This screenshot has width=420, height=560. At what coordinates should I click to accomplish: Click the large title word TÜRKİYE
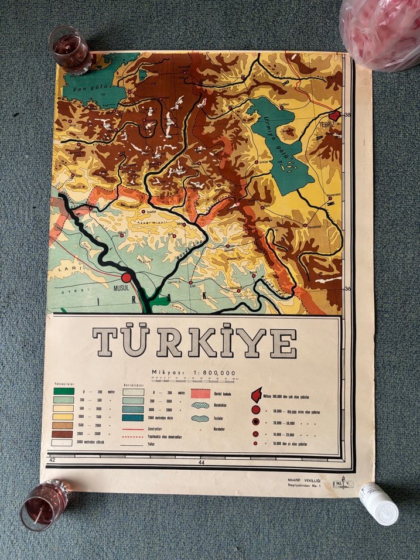pyautogui.click(x=194, y=343)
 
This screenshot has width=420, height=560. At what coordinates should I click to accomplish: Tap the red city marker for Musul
pyautogui.click(x=127, y=278)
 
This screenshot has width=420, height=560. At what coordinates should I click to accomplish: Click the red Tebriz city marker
pyautogui.click(x=335, y=116)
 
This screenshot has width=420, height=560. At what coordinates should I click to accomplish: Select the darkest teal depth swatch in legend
pyautogui.click(x=133, y=417)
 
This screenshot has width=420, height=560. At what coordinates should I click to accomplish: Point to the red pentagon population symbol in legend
pyautogui.click(x=256, y=395)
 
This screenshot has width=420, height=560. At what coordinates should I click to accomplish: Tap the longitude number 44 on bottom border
pyautogui.click(x=202, y=462)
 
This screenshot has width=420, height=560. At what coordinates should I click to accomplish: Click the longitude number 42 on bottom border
pyautogui.click(x=52, y=460)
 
